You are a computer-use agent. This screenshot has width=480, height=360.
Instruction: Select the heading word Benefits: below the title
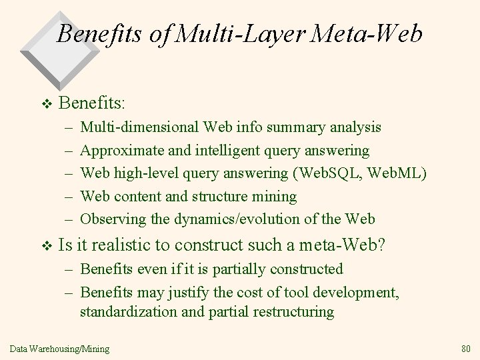[x=93, y=103]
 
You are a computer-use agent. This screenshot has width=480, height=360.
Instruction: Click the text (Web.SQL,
[x=323, y=173]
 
